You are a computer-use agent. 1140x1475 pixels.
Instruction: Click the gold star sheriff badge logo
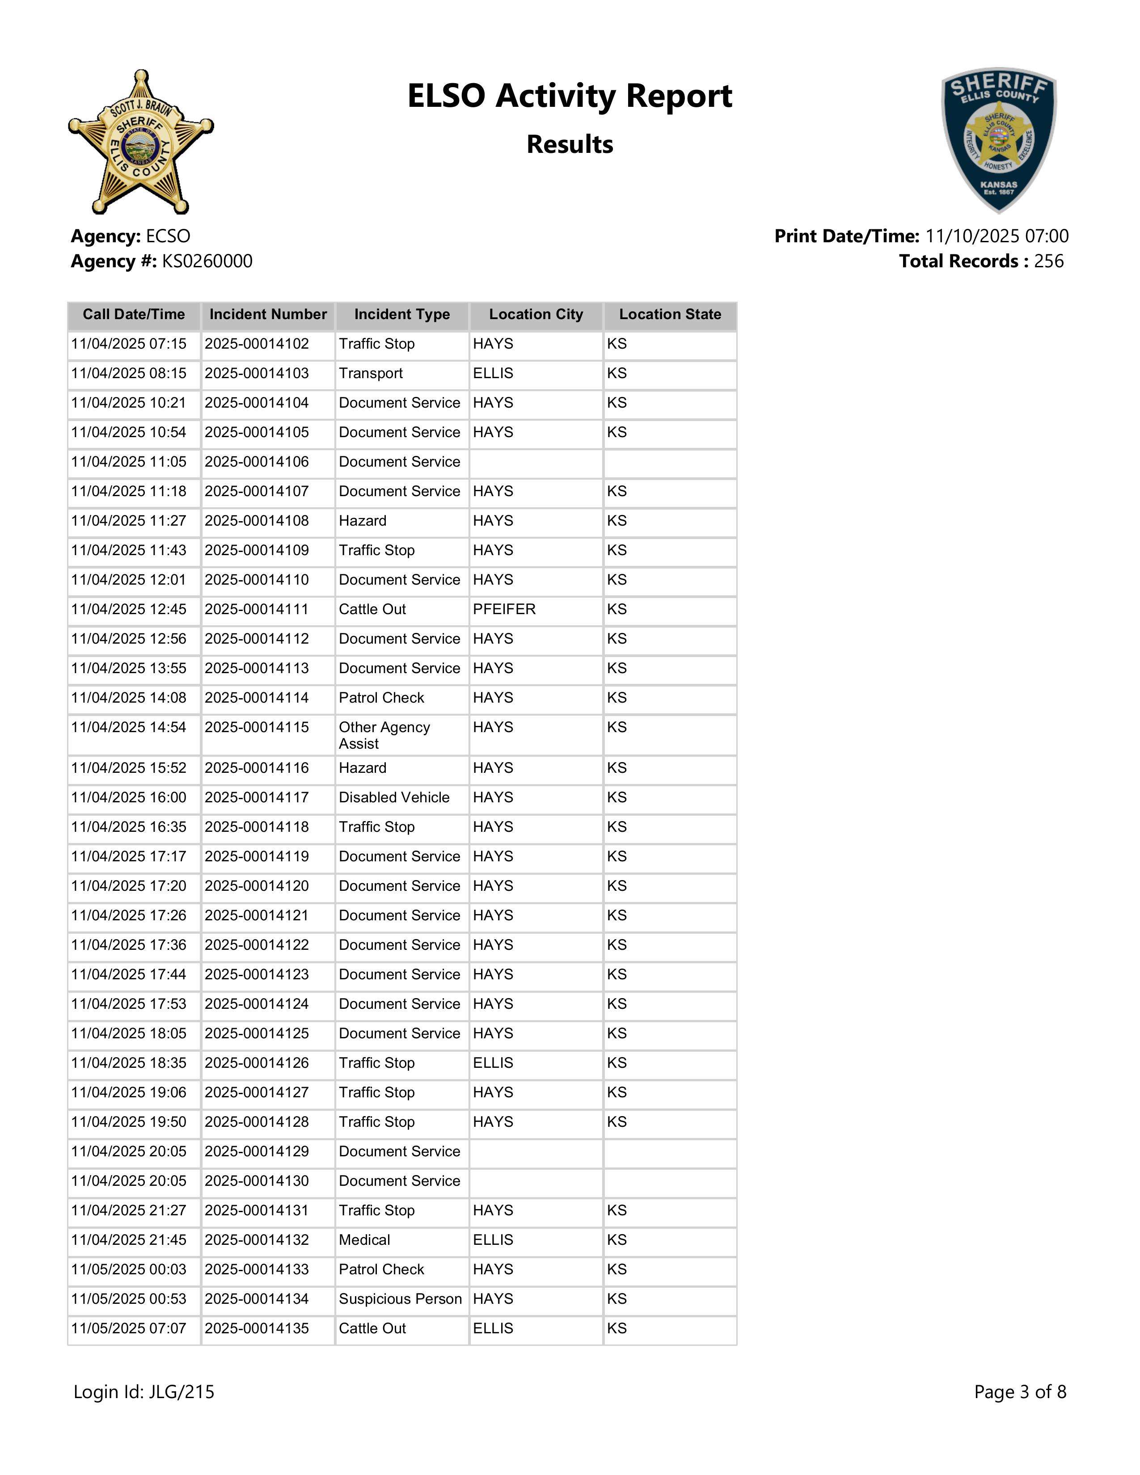pyautogui.click(x=140, y=142)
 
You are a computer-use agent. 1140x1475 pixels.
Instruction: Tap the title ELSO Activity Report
pyautogui.click(x=569, y=96)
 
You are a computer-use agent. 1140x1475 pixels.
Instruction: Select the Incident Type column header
pyautogui.click(x=402, y=315)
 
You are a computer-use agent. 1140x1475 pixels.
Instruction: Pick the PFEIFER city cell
pyautogui.click(x=504, y=609)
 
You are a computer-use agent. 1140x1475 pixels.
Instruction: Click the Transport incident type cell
pyautogui.click(x=371, y=374)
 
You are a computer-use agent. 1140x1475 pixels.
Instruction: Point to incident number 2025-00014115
pyautogui.click(x=257, y=727)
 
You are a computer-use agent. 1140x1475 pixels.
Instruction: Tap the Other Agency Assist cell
pyautogui.click(x=384, y=735)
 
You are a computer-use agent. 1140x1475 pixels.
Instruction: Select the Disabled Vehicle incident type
pyautogui.click(x=394, y=797)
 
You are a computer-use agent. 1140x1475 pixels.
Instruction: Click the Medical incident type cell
pyautogui.click(x=365, y=1240)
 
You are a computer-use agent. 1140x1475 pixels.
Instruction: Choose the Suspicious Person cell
pyautogui.click(x=400, y=1299)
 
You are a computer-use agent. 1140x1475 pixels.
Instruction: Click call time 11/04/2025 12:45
pyautogui.click(x=128, y=609)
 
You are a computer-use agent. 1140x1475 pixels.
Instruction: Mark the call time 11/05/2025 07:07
pyautogui.click(x=128, y=1328)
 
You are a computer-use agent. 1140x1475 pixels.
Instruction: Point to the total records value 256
pyautogui.click(x=1048, y=261)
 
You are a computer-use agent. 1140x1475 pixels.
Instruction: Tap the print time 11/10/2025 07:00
pyautogui.click(x=996, y=236)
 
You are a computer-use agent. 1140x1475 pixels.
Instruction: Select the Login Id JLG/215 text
pyautogui.click(x=144, y=1391)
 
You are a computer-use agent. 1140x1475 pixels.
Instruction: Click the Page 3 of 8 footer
pyautogui.click(x=1020, y=1391)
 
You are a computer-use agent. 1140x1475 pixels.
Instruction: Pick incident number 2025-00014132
pyautogui.click(x=257, y=1240)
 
